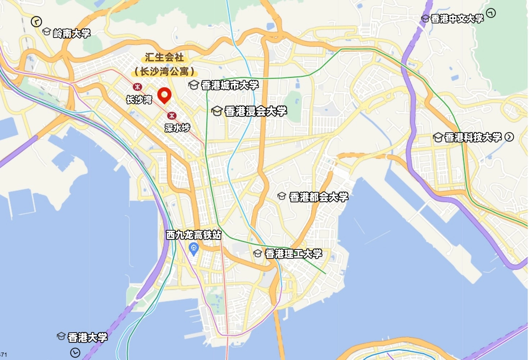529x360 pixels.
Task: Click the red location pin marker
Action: coord(164,95)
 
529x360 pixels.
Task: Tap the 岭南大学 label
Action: coord(72,33)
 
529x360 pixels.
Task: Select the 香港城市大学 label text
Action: coord(230,85)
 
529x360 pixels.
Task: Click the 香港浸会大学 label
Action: coord(256,111)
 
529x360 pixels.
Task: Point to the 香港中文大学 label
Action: coord(457,19)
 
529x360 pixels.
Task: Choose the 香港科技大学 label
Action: coord(473,137)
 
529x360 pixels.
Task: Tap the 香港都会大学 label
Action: coord(318,197)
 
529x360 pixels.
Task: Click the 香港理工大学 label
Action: coord(293,254)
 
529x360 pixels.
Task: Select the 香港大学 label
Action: coord(87,337)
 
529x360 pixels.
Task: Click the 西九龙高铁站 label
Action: coord(194,235)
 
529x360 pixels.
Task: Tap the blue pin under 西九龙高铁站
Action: coord(194,249)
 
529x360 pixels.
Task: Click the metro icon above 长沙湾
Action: coord(137,87)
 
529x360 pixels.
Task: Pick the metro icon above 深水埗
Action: coord(172,116)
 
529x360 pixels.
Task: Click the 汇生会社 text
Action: coord(164,57)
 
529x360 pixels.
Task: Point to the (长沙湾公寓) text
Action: coord(164,71)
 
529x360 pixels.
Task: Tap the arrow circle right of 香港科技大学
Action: coord(509,137)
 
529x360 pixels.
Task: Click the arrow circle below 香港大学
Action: coord(75,352)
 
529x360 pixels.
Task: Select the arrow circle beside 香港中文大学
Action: coord(491,13)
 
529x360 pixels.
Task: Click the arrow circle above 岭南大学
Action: coord(36,22)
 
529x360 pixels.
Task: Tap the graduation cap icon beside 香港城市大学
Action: coord(194,85)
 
